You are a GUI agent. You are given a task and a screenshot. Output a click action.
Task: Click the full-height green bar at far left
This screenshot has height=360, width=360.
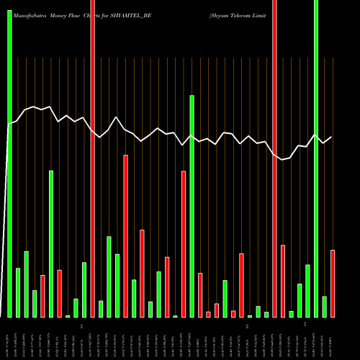(x=9, y=158)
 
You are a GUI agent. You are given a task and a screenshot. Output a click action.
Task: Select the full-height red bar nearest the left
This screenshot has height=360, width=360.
(x=92, y=158)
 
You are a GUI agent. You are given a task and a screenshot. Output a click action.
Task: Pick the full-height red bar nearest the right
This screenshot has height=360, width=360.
(x=274, y=158)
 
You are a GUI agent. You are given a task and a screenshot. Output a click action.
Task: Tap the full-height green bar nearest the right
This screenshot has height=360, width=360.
(x=316, y=158)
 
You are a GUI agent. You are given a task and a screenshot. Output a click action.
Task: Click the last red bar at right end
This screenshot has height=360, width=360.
(x=333, y=283)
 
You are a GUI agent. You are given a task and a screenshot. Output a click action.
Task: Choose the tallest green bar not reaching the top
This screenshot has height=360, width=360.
(x=192, y=206)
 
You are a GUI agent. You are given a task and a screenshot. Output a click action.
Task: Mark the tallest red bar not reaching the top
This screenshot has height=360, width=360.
(x=125, y=235)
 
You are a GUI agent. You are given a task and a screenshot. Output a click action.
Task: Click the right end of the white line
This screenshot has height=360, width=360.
(x=332, y=137)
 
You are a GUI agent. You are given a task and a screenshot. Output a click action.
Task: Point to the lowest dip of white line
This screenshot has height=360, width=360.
(x=283, y=159)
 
